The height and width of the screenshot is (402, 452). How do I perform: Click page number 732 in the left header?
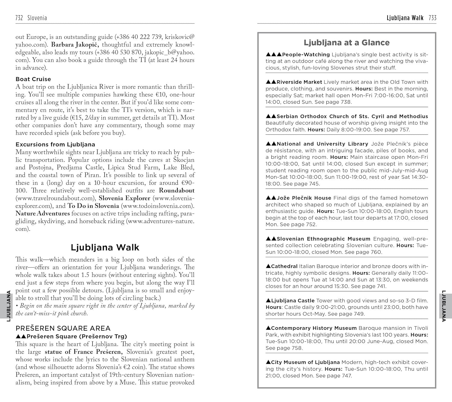[x=19, y=18]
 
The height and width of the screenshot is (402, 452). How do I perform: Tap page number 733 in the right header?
[x=432, y=18]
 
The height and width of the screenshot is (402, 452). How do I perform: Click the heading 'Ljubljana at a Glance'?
[x=347, y=42]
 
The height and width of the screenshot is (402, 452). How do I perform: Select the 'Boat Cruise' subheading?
[x=33, y=79]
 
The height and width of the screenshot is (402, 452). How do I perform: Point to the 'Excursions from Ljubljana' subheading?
[x=55, y=144]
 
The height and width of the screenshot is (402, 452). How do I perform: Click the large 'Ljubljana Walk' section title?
[x=105, y=247]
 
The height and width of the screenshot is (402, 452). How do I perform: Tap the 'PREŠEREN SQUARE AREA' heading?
[x=63, y=328]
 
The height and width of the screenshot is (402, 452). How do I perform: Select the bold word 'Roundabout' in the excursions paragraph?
[x=177, y=190]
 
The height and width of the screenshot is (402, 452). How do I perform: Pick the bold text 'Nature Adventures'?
[x=43, y=214]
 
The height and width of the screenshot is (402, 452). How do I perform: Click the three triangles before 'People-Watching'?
[x=274, y=55]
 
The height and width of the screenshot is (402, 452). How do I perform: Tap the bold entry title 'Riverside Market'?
[x=299, y=82]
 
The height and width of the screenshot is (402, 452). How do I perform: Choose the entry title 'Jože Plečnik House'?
[x=304, y=198]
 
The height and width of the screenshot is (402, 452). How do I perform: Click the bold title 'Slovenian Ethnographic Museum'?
[x=323, y=239]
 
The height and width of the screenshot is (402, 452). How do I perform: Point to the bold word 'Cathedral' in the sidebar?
[x=284, y=266]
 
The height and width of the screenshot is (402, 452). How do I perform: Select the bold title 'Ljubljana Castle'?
[x=293, y=301]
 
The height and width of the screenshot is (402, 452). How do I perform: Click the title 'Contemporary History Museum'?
[x=314, y=328]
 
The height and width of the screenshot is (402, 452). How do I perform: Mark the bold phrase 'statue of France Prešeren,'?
[x=83, y=352]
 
